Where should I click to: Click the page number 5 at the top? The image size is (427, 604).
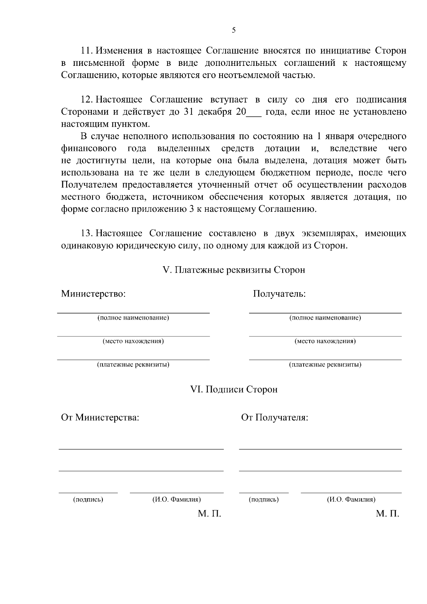pos(233,30)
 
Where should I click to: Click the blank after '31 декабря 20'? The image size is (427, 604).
pos(254,112)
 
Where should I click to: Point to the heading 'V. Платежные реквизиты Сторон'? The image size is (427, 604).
pos(234,270)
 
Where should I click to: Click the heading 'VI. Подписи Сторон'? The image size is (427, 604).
pos(234,389)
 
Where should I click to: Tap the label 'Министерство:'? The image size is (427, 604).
pos(93,294)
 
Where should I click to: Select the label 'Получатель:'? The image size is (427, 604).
pos(279,294)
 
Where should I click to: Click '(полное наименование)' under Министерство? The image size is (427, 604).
pos(133,318)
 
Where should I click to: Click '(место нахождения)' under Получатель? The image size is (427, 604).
pos(325,341)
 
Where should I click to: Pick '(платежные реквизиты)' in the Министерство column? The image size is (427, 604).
pos(133,365)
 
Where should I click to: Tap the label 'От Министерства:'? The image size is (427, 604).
pos(100,417)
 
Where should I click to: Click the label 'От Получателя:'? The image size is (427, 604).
pos(274,417)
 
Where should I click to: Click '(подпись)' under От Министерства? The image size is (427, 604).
pos(88,500)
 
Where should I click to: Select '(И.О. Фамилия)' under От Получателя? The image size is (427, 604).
pos(351,500)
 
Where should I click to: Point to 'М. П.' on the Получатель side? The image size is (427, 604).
pos(388,514)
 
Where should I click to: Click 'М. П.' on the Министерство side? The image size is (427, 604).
pos(210,514)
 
